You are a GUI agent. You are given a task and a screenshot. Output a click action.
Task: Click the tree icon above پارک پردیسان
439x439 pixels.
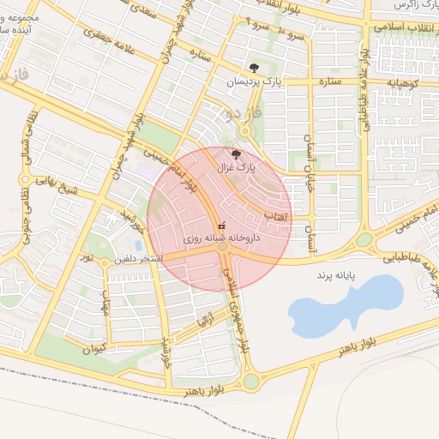[x=254, y=67]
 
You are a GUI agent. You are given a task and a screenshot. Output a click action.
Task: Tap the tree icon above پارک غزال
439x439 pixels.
[x=236, y=153]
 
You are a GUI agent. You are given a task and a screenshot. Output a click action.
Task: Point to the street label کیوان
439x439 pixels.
[x=94, y=349]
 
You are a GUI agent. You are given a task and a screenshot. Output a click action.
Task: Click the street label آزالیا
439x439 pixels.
[x=203, y=323]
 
